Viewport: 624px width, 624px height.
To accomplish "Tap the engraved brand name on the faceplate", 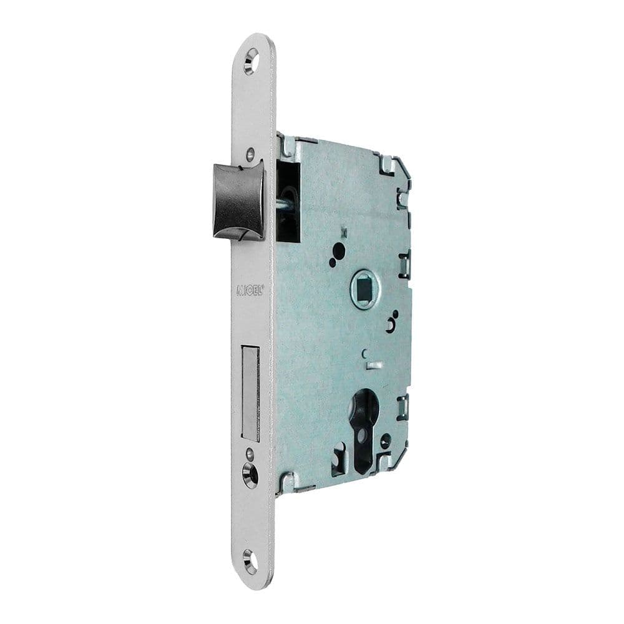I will [x=250, y=290].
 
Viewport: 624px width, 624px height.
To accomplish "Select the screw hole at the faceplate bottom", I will [x=250, y=562].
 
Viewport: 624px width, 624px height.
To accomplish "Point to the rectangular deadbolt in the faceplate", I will [x=250, y=394].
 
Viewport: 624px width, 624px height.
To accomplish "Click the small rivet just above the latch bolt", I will [x=250, y=152].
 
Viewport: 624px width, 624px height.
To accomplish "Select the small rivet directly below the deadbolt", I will [x=250, y=454].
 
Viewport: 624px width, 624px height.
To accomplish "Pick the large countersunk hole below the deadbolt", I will [x=250, y=475].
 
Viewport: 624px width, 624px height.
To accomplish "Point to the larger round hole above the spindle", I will [x=338, y=251].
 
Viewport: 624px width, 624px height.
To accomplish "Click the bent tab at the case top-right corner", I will [x=388, y=164].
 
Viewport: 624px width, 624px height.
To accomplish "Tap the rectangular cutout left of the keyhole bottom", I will [x=340, y=461].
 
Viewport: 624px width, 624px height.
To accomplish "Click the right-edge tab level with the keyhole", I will [x=404, y=406].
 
